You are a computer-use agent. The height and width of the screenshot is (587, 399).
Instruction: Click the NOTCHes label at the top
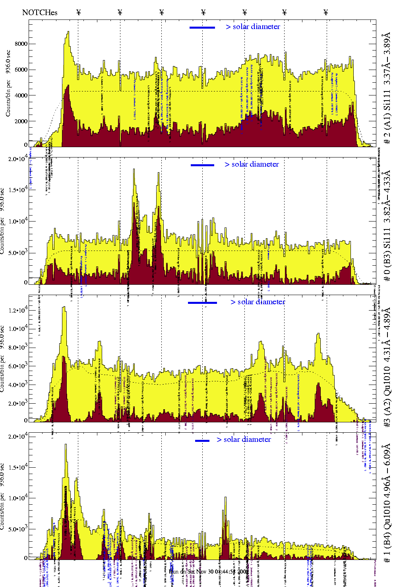click(40, 12)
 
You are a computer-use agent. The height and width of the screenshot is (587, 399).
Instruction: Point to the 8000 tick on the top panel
click(21, 44)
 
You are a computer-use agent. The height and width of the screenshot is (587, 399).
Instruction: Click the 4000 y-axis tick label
click(21, 95)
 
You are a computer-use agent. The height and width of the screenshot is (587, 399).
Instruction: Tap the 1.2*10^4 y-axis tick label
click(18, 310)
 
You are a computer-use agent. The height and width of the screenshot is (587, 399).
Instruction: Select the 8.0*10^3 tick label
click(18, 348)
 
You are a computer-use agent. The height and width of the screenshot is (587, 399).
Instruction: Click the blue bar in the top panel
click(202, 27)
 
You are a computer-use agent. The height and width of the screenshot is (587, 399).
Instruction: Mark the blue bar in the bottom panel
click(202, 441)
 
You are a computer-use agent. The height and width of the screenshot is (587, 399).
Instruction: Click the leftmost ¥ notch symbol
click(78, 12)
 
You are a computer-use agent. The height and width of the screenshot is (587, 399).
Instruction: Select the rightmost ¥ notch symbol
click(326, 12)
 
